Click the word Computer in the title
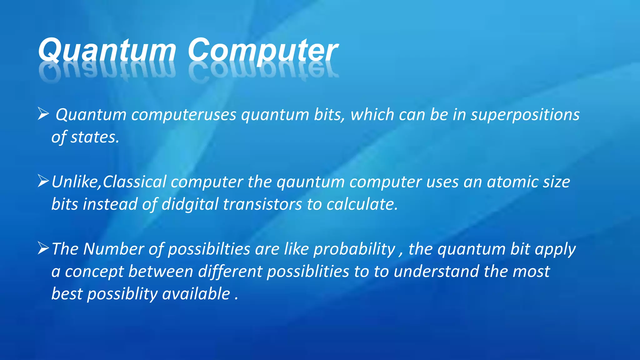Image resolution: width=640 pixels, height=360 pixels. [262, 51]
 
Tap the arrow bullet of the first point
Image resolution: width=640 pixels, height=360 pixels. [43, 114]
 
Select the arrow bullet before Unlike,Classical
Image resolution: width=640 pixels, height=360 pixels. [43, 181]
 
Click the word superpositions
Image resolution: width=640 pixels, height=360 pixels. [525, 115]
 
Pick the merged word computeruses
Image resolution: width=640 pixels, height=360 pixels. [184, 115]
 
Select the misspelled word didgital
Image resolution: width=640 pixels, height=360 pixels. [190, 205]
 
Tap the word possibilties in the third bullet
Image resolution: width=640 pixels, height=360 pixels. [209, 249]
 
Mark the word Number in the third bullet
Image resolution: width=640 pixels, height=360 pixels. [113, 249]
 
